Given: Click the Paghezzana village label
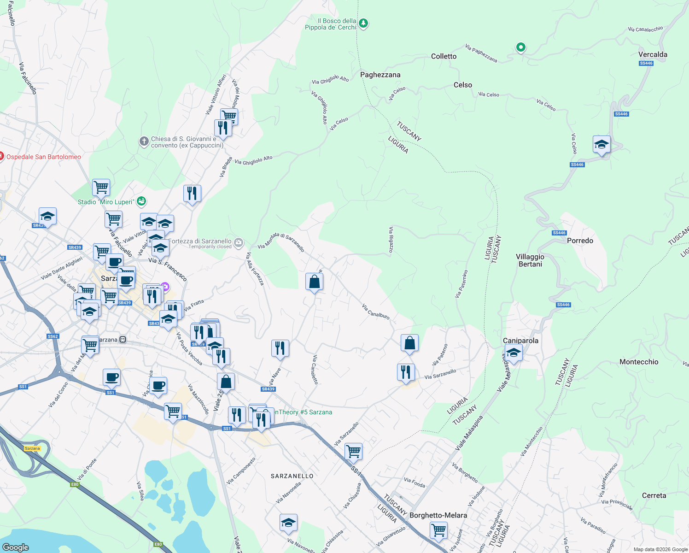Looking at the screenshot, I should (x=380, y=75).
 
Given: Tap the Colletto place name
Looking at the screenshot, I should (x=444, y=56).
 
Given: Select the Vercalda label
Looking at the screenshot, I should (x=652, y=54).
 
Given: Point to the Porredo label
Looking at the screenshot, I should (x=580, y=241).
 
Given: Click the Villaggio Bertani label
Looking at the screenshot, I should (x=530, y=260).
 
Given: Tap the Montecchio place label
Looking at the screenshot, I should (x=638, y=362).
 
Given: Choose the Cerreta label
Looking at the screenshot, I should (x=654, y=495).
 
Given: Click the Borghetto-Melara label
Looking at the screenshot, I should (x=438, y=515).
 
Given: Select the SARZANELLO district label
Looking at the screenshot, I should (x=292, y=476).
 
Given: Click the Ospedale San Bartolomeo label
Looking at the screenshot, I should (x=43, y=157).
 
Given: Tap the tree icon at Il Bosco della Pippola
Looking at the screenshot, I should (x=363, y=23).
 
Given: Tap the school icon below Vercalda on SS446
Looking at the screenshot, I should (x=601, y=145).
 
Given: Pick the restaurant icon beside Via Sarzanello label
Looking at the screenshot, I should (x=406, y=372).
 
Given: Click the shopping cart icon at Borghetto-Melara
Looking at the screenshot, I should (x=438, y=529).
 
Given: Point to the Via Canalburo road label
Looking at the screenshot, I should (x=375, y=312).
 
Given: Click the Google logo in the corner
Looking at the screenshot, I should (x=16, y=547).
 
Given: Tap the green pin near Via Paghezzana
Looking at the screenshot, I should (x=520, y=47).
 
